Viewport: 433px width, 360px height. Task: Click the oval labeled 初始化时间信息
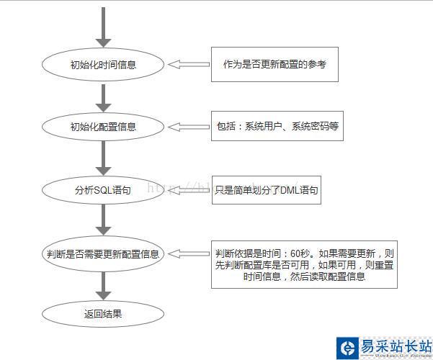[104, 65]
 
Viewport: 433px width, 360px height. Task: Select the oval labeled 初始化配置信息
[104, 127]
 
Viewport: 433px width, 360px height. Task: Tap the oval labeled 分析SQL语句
[104, 190]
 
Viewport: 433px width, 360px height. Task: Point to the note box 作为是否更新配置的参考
[274, 65]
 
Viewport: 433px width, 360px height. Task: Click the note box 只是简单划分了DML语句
[266, 191]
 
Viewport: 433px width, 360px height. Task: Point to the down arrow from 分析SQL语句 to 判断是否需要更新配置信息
[104, 221]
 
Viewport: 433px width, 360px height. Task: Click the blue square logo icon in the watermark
[347, 348]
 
